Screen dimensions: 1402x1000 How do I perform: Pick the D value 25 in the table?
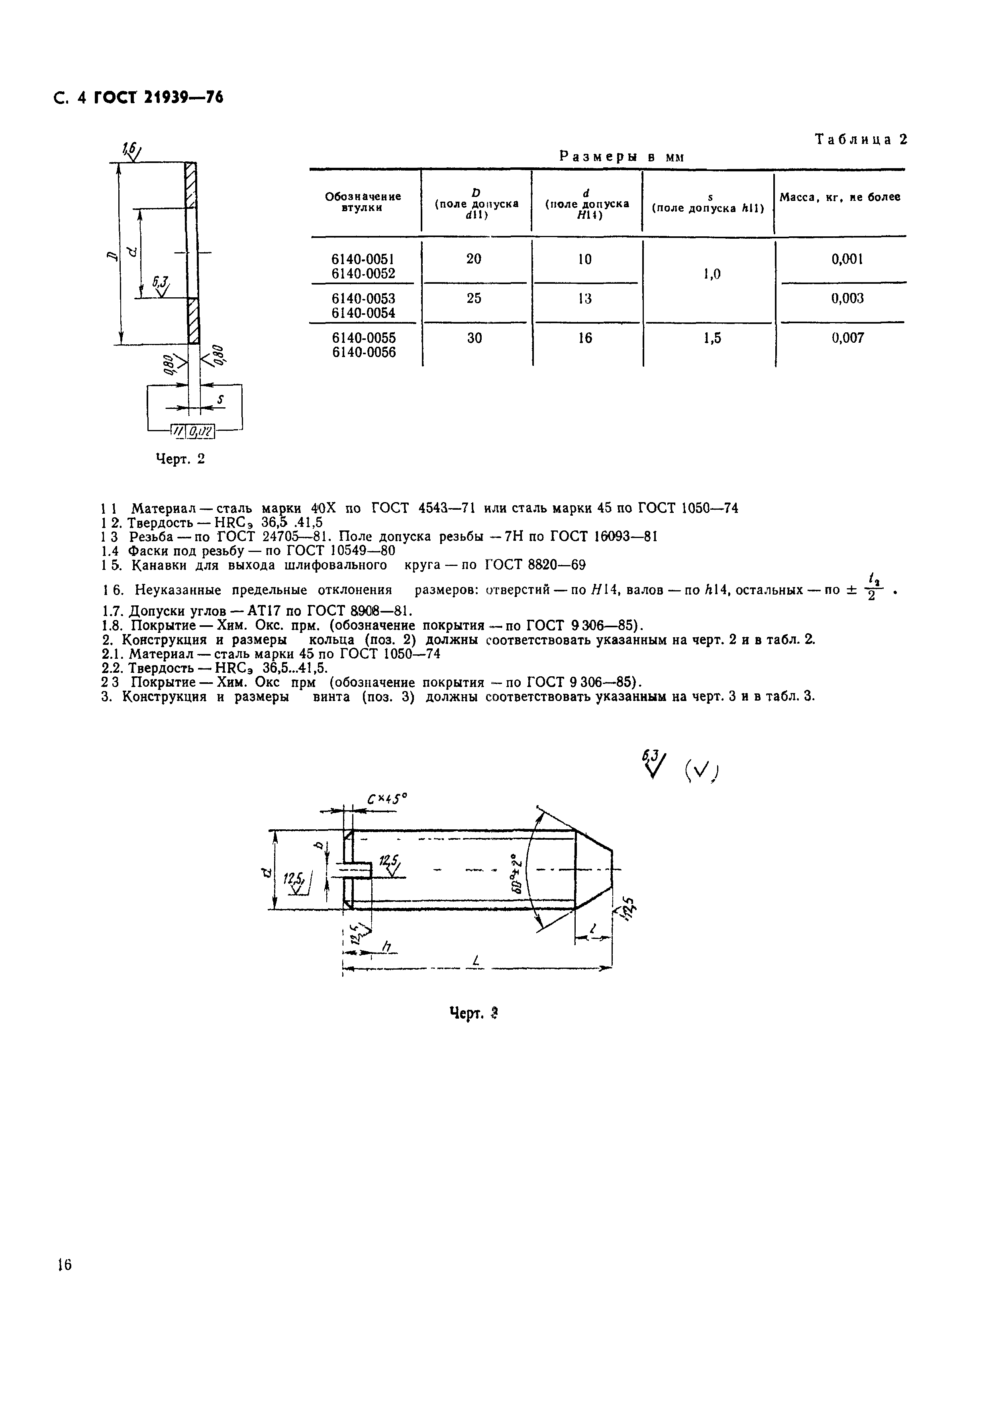474,298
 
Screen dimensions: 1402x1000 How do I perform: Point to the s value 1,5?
712,338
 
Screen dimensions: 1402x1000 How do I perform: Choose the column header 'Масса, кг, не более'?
840,197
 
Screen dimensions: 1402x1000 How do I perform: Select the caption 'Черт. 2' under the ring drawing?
180,459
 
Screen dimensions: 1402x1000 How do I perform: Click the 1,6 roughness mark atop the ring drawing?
131,149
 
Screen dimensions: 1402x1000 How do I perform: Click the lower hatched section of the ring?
193,321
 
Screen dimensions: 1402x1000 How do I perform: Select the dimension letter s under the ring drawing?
220,400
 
